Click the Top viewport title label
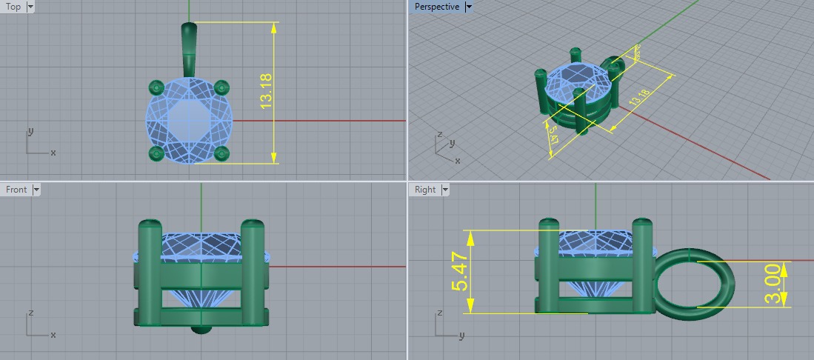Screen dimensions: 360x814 [x=13, y=7]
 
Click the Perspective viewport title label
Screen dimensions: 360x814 [x=437, y=7]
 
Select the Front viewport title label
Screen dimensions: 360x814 [x=16, y=190]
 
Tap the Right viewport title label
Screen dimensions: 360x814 [x=425, y=190]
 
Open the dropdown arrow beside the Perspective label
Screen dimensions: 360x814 [x=469, y=7]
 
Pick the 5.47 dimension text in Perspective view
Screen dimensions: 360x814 [x=553, y=136]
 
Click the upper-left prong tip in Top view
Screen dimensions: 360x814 [x=156, y=87]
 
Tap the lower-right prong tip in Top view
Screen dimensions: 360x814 [x=220, y=153]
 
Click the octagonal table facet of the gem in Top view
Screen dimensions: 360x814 [x=188, y=120]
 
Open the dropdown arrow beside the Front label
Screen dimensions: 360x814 [x=36, y=190]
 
